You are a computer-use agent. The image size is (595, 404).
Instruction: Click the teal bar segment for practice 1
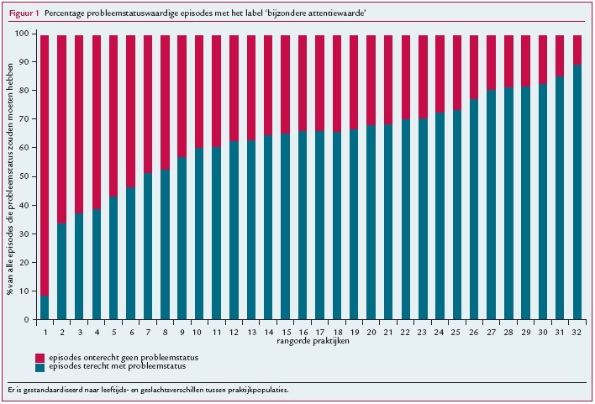(44, 307)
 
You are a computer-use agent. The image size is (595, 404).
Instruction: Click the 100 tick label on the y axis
(22, 34)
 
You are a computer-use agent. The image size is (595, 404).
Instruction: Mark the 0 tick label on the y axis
(26, 320)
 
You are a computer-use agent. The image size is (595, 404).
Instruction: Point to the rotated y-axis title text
(11, 176)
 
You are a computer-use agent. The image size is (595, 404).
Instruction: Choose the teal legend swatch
(39, 368)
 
